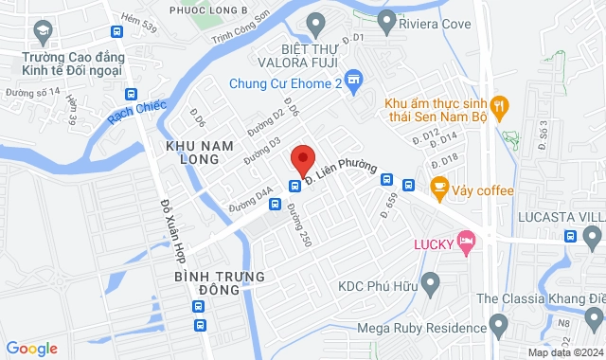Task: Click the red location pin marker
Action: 302,158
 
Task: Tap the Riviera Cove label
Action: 424,20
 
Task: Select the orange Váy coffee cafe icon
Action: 438,188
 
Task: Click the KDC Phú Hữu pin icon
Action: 431,282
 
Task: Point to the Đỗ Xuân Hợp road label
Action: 171,232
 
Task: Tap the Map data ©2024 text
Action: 564,352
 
